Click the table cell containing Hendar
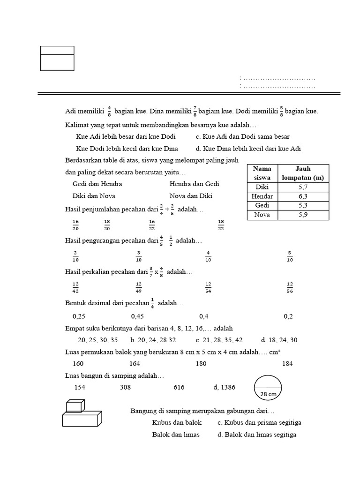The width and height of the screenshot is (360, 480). [x=262, y=196]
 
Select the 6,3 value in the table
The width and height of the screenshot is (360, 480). [x=303, y=196]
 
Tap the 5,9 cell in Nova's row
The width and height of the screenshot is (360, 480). [x=303, y=215]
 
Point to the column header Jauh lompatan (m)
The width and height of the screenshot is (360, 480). [x=303, y=173]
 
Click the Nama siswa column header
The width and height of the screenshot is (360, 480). [x=262, y=173]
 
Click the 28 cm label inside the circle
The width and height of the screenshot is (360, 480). [x=268, y=394]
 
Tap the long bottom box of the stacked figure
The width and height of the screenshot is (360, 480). [x=82, y=419]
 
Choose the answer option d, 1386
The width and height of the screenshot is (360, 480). [x=224, y=387]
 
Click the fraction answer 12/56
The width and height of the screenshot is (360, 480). [x=290, y=286]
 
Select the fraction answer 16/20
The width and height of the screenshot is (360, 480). [x=75, y=225]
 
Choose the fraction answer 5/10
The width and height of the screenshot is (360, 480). [x=290, y=256]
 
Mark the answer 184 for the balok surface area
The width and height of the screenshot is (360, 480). [x=288, y=363]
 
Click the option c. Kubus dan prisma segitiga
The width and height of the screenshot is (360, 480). [x=259, y=422]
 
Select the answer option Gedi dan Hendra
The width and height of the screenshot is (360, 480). [x=97, y=184]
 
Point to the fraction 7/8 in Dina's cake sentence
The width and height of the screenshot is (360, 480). [x=194, y=112]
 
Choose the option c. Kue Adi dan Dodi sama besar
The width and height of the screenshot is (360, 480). [x=242, y=136]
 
